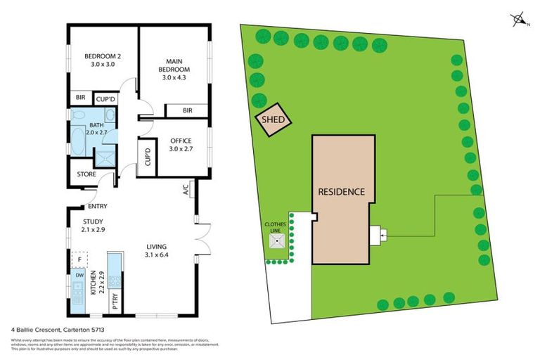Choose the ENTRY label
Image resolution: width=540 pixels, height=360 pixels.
[96, 207]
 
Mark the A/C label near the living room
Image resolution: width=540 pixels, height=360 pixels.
[186, 188]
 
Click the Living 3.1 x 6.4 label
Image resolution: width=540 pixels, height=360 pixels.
[156, 250]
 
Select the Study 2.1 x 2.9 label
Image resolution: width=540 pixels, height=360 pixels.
[92, 226]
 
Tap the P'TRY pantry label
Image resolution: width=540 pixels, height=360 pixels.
[115, 303]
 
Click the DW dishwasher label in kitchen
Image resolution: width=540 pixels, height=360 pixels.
[79, 276]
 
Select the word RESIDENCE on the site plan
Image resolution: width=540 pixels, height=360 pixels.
[341, 191]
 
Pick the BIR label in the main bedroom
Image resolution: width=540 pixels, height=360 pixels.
[188, 110]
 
